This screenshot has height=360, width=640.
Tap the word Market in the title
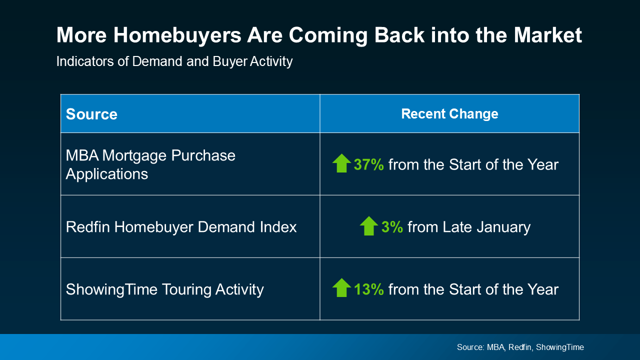[548, 36]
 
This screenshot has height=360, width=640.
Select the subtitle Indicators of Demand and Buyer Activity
[174, 61]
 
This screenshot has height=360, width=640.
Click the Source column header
[91, 114]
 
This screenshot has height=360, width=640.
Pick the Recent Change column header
[449, 113]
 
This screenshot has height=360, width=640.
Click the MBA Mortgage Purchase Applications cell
[150, 164]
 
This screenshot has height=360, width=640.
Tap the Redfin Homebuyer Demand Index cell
[181, 227]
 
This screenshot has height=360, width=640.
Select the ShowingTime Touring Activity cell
[164, 289]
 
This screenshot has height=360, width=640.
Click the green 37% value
[368, 164]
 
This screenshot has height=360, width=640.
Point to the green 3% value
[392, 227]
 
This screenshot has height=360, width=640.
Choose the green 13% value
[368, 289]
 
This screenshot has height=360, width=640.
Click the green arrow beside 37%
[341, 163]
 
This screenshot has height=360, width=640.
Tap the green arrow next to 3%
[369, 226]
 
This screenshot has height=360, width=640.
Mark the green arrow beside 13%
[341, 288]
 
